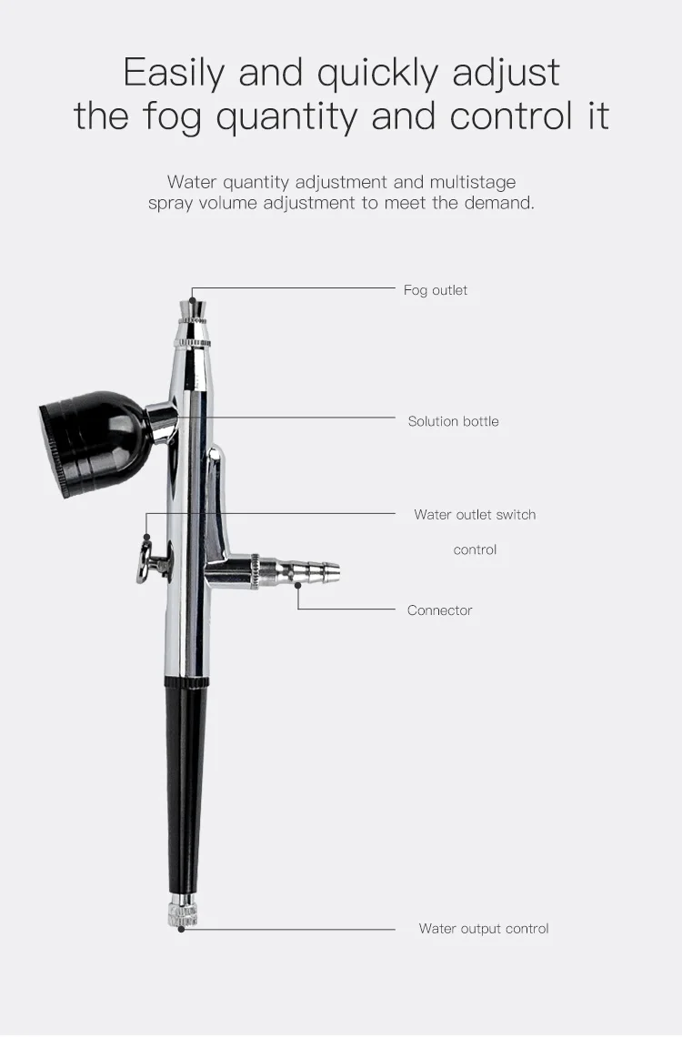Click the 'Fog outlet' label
(436, 290)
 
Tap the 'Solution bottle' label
(453, 421)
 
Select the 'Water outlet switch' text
(475, 515)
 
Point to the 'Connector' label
(439, 610)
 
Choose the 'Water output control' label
(484, 929)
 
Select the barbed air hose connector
(309, 572)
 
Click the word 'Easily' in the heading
(172, 73)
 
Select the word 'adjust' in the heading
(510, 73)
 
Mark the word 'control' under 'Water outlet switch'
(475, 550)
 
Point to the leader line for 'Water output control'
(291, 929)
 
